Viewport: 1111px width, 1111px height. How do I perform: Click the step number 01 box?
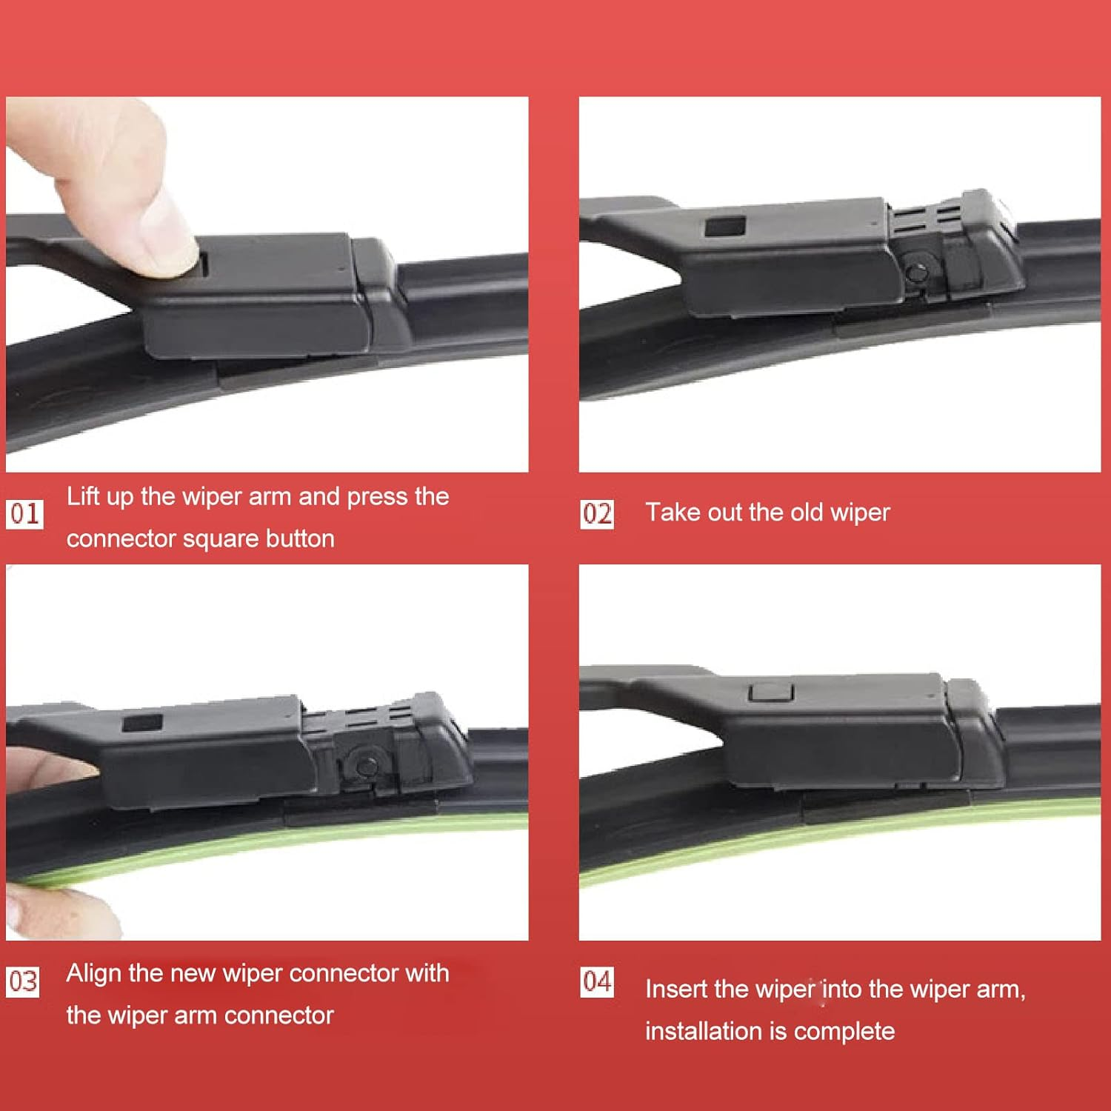tap(24, 513)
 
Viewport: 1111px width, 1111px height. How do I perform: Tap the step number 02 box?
tap(597, 513)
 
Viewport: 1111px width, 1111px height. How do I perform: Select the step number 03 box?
tap(23, 981)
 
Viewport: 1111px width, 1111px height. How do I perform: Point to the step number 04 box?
tap(597, 981)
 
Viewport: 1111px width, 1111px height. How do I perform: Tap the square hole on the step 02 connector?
tap(724, 226)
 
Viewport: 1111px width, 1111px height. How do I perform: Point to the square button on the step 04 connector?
tap(771, 692)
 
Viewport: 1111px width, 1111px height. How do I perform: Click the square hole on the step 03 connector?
tap(142, 723)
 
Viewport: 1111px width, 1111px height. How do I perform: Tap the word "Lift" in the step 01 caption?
tap(83, 496)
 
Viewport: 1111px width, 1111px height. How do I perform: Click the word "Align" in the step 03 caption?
tap(94, 973)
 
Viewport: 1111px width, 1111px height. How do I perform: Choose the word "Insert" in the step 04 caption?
tap(676, 989)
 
